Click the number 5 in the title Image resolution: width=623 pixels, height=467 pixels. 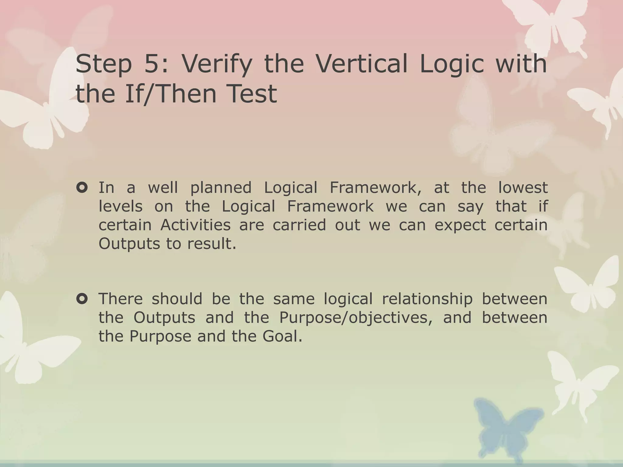(151, 64)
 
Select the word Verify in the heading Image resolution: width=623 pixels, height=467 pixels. (217, 64)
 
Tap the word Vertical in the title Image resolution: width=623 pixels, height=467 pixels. (361, 64)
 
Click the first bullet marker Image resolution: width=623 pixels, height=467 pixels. (82, 188)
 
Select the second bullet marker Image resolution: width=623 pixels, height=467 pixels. (82, 299)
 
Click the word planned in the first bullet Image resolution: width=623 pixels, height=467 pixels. (221, 188)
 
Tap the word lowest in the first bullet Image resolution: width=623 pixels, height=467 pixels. (523, 188)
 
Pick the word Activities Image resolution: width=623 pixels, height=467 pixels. (195, 225)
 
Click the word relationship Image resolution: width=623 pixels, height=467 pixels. (427, 299)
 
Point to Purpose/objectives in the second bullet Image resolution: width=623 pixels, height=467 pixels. (355, 318)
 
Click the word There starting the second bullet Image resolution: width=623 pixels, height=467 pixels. (120, 299)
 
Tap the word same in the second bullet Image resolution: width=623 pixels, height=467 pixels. (294, 299)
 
